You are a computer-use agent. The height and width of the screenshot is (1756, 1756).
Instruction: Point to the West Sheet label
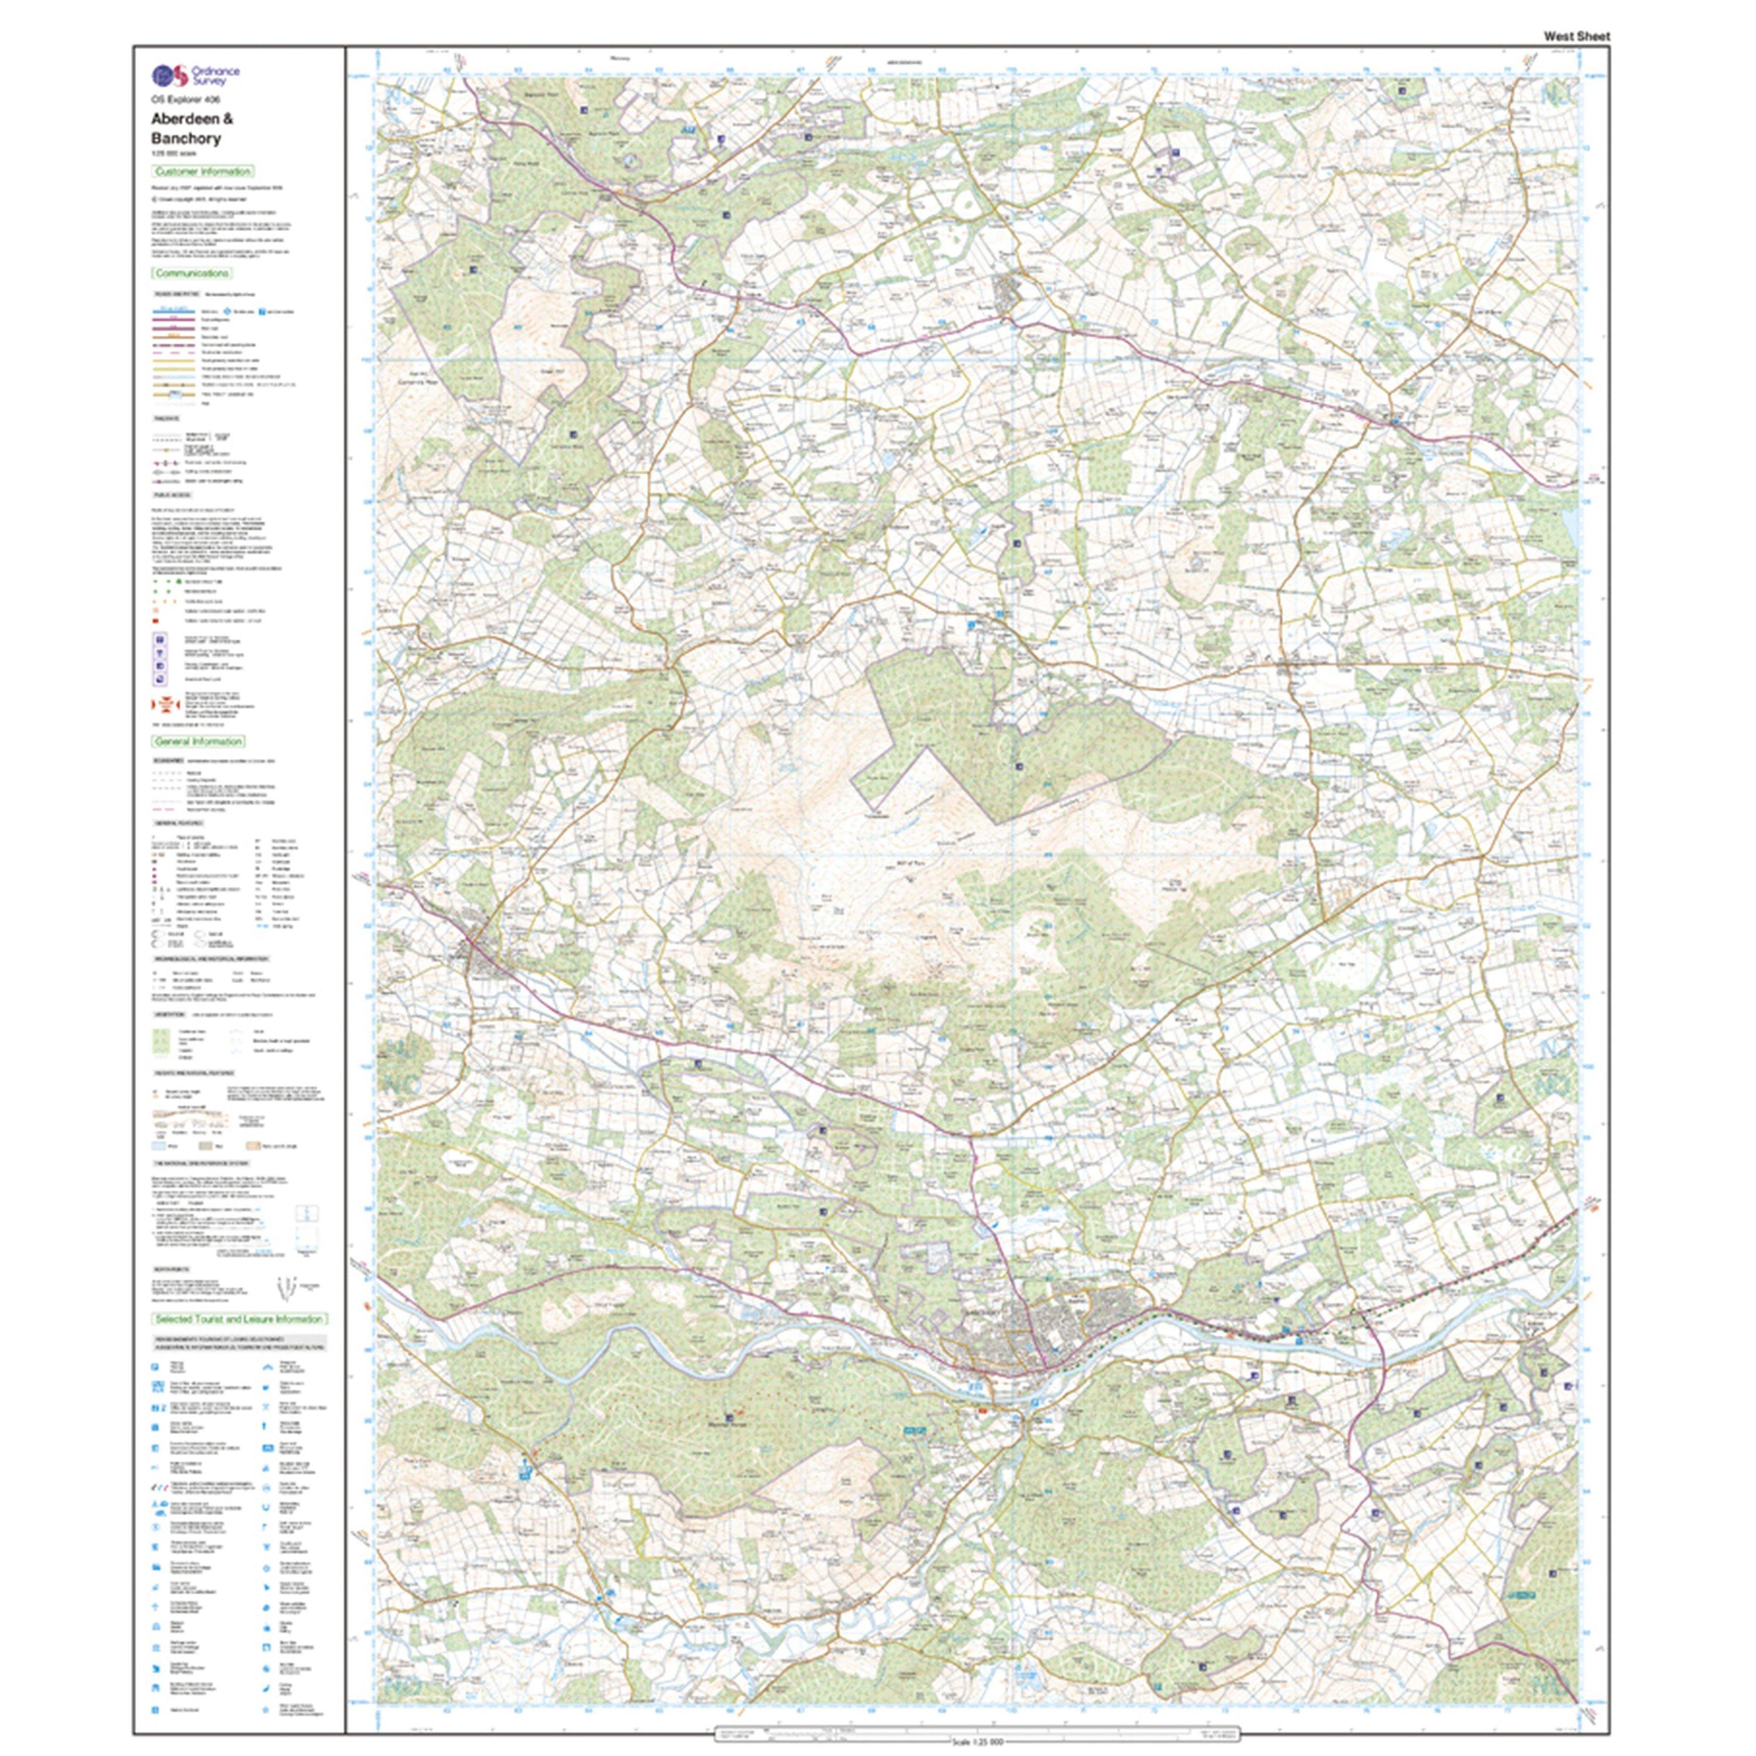(1576, 36)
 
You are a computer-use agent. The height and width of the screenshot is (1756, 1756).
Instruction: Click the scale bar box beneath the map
(977, 1731)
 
